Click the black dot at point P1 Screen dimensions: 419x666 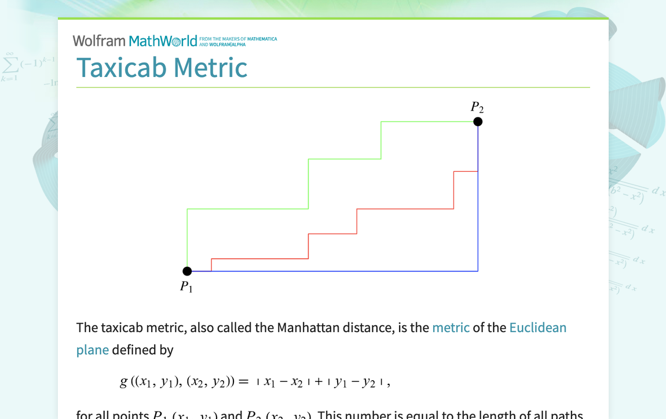(187, 271)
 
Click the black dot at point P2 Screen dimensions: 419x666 (478, 122)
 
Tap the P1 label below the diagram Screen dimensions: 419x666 (186, 286)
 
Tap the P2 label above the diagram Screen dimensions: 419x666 (477, 107)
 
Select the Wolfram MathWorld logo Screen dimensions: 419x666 (135, 41)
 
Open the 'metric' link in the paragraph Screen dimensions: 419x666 (451, 328)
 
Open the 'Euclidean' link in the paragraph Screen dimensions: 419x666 (537, 328)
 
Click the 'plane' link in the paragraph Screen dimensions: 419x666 (92, 350)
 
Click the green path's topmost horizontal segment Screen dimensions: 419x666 (429, 122)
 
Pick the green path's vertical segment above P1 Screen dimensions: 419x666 (187, 237)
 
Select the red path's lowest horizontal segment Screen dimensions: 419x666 (259, 259)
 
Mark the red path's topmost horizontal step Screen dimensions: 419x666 (466, 171)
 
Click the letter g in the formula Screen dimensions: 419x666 (123, 382)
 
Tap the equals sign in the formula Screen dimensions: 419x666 (243, 382)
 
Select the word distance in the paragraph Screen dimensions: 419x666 (371, 328)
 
